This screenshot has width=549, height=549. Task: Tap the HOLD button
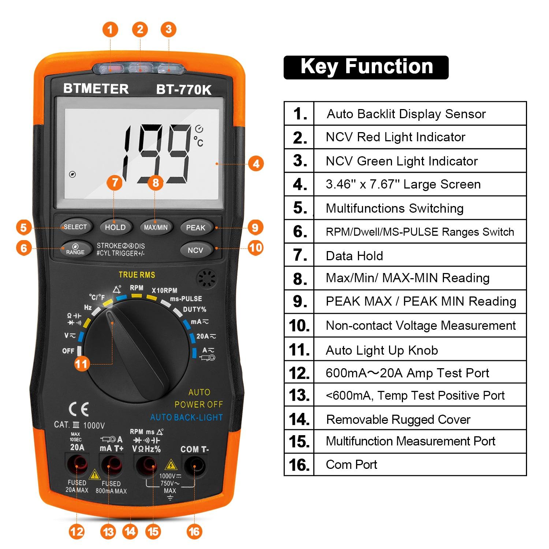point(115,227)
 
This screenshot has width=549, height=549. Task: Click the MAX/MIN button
point(156,227)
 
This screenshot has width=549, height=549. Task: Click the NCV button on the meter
point(195,250)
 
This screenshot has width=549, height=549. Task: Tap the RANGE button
point(75,249)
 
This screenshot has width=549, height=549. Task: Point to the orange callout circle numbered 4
point(256,164)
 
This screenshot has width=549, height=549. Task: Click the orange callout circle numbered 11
point(81,364)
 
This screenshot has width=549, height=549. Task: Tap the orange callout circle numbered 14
point(130,531)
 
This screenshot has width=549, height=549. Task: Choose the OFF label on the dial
point(68,351)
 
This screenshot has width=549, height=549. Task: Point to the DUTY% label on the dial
point(194,310)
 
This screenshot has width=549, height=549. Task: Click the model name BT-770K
point(184,90)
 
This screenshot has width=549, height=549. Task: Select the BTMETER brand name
point(96,89)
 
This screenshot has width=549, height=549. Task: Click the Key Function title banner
point(366,67)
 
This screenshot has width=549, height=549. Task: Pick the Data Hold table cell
point(420,255)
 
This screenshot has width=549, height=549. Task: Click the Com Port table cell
point(420,464)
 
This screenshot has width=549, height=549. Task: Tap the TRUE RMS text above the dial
point(137,275)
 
